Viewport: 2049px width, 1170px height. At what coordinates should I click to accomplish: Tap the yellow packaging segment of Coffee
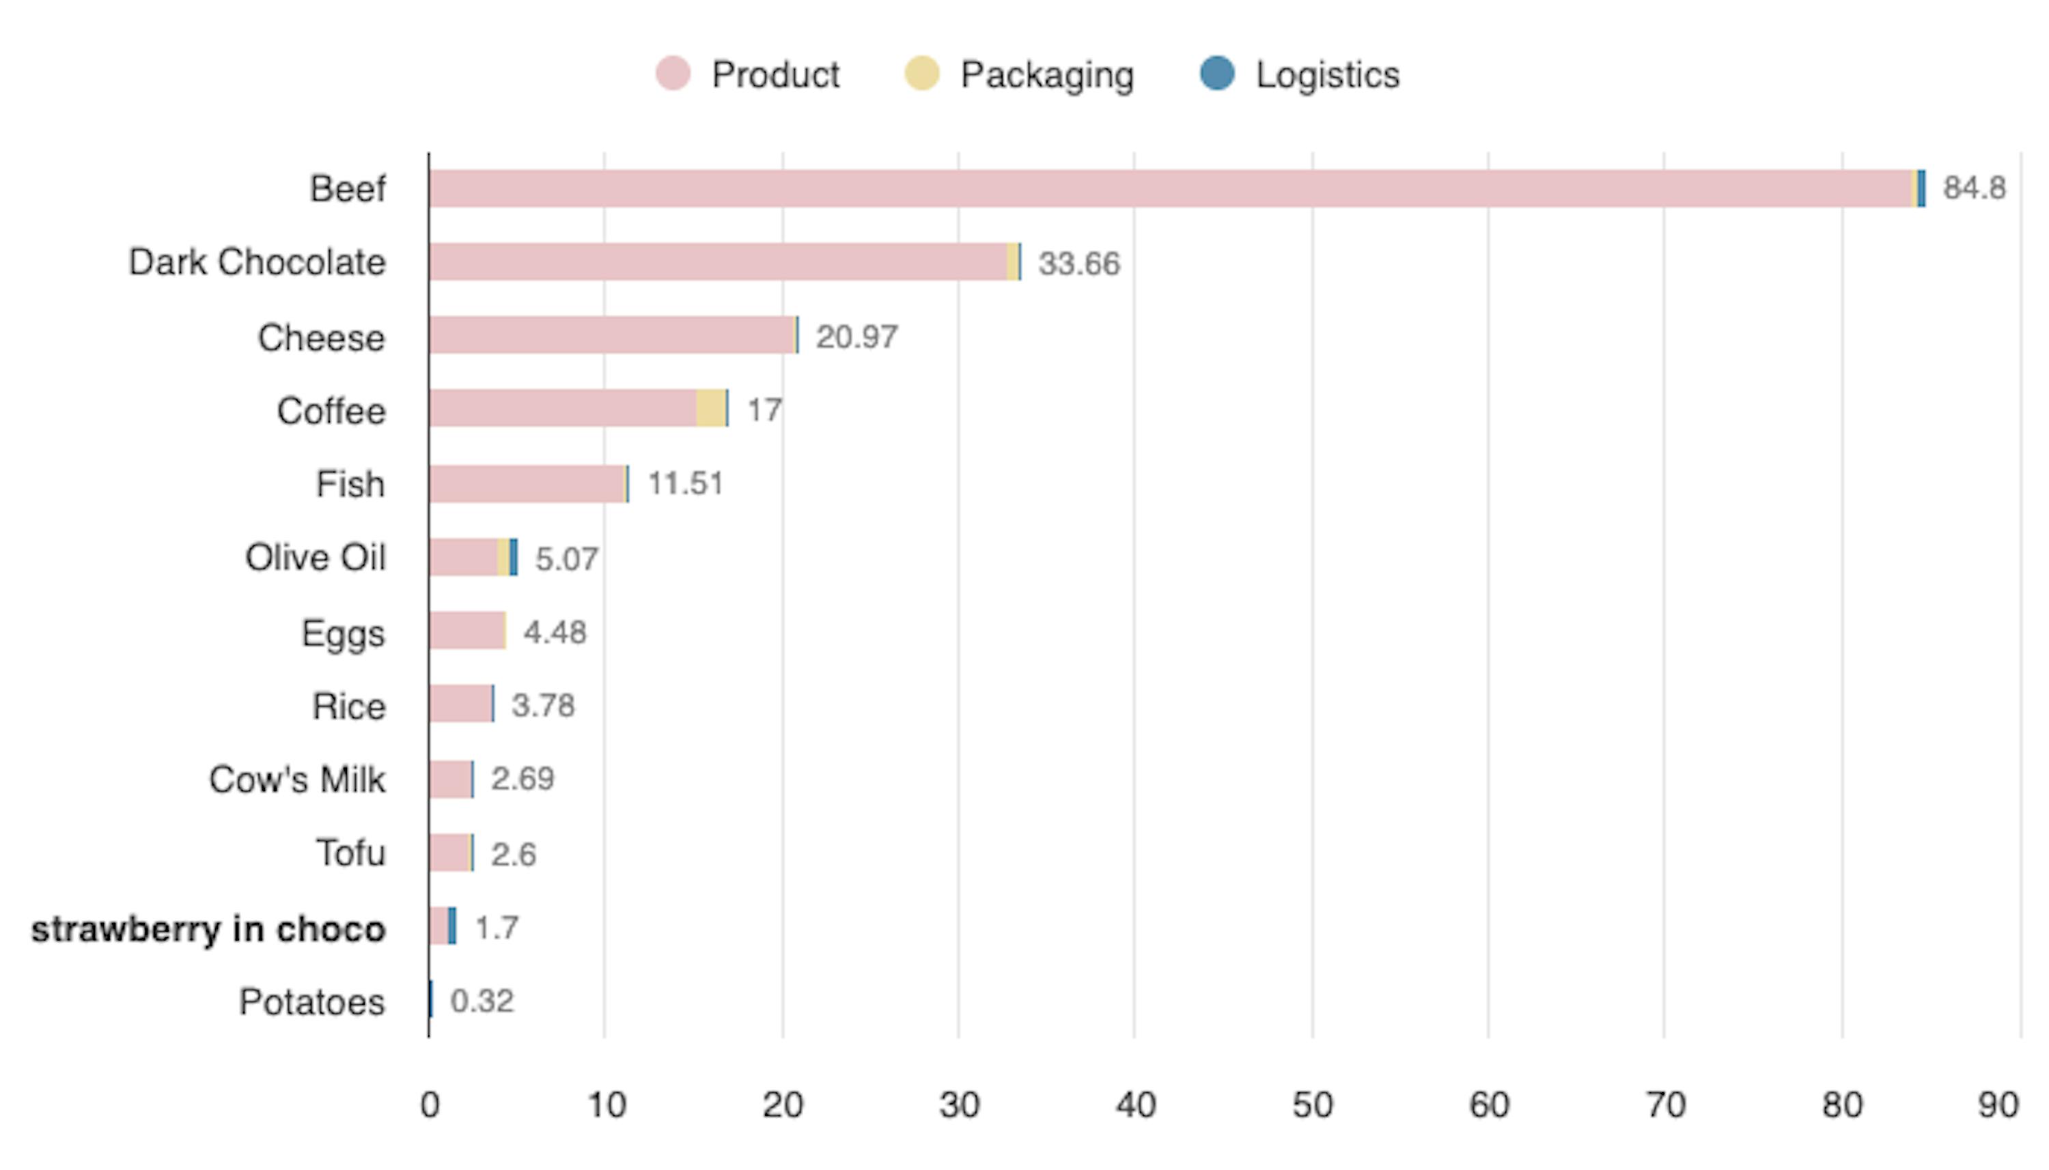(710, 408)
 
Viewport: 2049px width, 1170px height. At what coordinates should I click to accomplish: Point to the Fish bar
(527, 484)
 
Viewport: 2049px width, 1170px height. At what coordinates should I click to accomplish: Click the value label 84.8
(1973, 188)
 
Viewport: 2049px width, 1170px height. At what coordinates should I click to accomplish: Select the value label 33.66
(1078, 263)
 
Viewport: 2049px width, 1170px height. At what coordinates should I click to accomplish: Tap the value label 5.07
(566, 558)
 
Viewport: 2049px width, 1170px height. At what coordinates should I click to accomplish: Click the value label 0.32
(481, 1001)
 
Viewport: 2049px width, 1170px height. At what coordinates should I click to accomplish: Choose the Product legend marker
(672, 74)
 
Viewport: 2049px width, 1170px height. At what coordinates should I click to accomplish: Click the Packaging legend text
(1046, 74)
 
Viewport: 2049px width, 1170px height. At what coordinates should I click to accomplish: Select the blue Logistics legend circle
(1216, 74)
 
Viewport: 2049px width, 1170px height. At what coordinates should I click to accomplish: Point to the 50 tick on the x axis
(1312, 1105)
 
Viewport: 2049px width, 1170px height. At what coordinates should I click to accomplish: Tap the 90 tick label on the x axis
(1998, 1105)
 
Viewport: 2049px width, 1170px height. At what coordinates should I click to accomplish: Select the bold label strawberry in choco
(208, 929)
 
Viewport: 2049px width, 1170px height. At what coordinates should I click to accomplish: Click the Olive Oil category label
(315, 558)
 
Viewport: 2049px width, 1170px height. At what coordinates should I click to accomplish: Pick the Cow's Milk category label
(296, 780)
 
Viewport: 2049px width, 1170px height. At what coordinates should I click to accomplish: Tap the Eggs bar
(466, 630)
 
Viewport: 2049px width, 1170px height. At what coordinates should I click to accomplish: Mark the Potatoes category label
(312, 1002)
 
